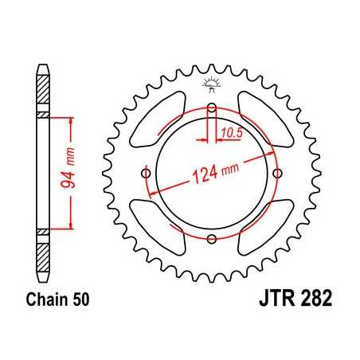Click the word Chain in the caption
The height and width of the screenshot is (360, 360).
click(44, 302)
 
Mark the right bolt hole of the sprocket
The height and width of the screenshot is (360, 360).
click(276, 174)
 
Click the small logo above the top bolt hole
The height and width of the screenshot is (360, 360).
click(211, 84)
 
